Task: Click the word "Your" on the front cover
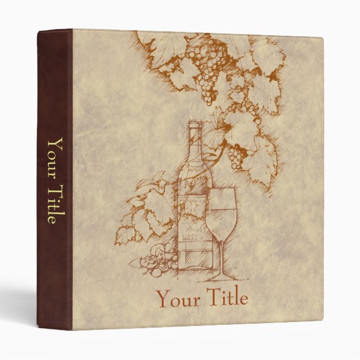pos(178,299)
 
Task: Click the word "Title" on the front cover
pos(226,298)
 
